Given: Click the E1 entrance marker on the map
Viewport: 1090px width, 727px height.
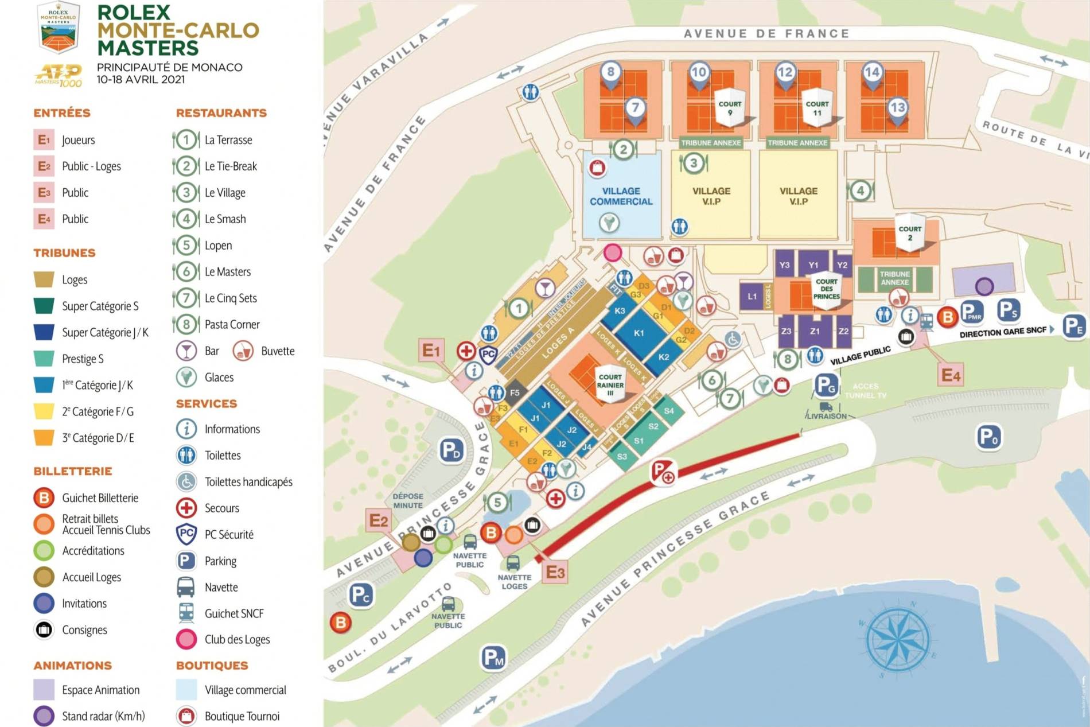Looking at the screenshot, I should coord(431,350).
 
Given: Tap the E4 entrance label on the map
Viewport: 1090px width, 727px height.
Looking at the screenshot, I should coord(950,375).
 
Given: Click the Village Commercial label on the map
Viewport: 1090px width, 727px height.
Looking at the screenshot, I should coord(621,196).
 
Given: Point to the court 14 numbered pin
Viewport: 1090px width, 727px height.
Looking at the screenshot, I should coord(872,73).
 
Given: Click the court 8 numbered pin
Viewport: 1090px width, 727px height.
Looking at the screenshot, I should coord(611,73).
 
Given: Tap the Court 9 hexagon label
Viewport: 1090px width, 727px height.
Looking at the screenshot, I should coord(730,107).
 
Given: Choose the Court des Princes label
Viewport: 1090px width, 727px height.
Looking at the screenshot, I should coord(826,289).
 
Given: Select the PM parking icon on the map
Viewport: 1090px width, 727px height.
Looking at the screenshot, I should coord(493,658).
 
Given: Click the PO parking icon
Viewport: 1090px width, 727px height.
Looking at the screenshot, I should coord(988,437).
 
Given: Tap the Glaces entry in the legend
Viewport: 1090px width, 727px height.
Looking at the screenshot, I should coord(219,378).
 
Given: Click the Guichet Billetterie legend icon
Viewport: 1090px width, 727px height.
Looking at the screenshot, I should coord(44,498).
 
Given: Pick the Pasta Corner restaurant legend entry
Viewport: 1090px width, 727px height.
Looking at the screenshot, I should coord(232,325).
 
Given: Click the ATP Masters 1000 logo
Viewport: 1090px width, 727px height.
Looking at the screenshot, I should coord(59,75).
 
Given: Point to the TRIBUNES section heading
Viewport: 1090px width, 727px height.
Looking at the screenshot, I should coord(64,253).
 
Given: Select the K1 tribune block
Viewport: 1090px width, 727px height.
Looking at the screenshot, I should coord(639,333).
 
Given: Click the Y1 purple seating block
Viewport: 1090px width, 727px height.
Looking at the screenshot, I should coord(813,265).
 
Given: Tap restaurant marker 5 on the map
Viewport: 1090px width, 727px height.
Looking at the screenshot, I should coord(497,503).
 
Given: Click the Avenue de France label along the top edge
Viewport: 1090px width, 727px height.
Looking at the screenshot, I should coord(766,34).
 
